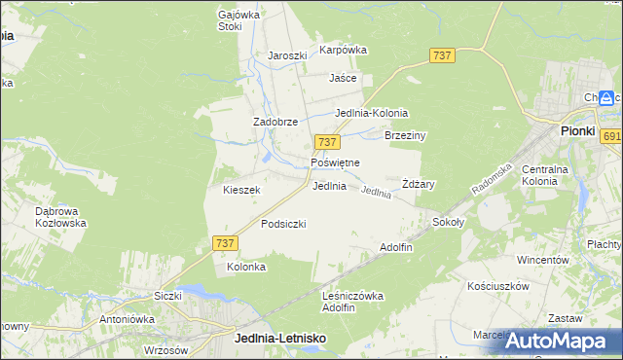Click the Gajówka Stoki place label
point(230,20)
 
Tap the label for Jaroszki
point(287,55)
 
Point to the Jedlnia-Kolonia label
point(371,113)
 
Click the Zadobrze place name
point(275,122)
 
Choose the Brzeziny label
point(406,136)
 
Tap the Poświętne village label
point(335,162)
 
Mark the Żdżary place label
point(418,184)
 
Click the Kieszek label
point(241,191)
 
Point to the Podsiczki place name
point(283,224)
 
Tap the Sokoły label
point(450,222)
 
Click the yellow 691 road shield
point(611,137)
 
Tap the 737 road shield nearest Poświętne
point(326,142)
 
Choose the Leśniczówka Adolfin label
point(351,301)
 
